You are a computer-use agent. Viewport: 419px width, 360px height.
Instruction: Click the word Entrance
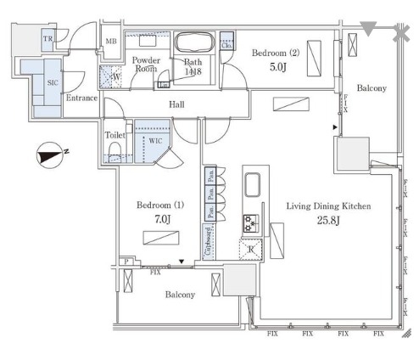tap(81, 98)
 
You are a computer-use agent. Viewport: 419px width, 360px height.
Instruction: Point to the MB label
tap(110, 42)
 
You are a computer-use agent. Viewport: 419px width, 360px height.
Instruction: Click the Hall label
tap(177, 104)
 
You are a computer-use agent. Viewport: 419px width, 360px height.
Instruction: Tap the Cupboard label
tap(207, 240)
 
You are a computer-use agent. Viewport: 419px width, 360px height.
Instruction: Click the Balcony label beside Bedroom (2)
tap(372, 88)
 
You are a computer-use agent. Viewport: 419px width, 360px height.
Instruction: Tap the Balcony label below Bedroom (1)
tap(179, 295)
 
